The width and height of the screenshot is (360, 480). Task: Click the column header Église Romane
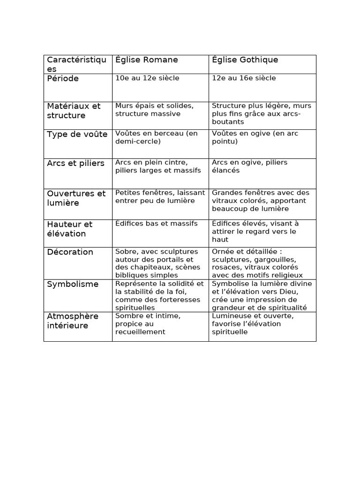pyautogui.click(x=146, y=60)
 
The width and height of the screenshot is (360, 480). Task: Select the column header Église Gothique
pyautogui.click(x=245, y=60)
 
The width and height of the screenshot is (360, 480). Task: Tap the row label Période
pyautogui.click(x=63, y=79)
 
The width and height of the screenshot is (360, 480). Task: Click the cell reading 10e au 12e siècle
pyautogui.click(x=147, y=78)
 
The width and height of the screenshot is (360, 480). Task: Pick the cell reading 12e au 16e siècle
pyautogui.click(x=244, y=78)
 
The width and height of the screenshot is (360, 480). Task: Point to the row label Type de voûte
pyautogui.click(x=77, y=135)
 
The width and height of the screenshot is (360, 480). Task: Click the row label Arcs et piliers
pyautogui.click(x=75, y=164)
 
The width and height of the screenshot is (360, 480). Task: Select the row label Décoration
pyautogui.click(x=70, y=252)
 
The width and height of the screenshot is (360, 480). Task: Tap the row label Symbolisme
pyautogui.click(x=73, y=285)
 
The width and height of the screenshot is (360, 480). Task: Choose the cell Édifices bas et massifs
pyautogui.click(x=157, y=224)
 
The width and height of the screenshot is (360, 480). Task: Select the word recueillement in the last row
pyautogui.click(x=140, y=332)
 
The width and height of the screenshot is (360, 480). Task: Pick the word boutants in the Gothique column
pyautogui.click(x=228, y=122)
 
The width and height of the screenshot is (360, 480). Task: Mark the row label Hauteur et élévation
pyautogui.click(x=70, y=229)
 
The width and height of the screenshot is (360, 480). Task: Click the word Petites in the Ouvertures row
pyautogui.click(x=128, y=193)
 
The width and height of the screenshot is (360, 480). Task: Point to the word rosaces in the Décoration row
pyautogui.click(x=227, y=268)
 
